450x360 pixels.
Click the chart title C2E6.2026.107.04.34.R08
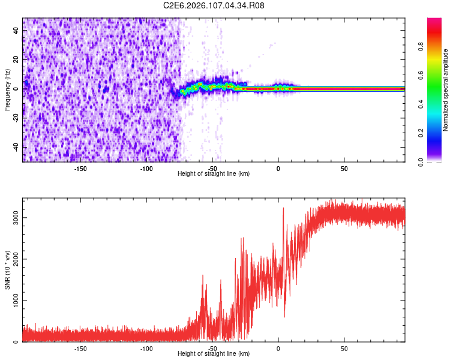click(214, 5)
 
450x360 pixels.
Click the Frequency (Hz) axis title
click(7, 90)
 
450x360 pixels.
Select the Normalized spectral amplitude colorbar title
click(446, 90)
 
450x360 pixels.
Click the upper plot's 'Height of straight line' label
click(214, 173)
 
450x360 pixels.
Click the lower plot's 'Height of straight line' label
click(214, 353)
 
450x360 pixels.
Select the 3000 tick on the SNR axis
click(16, 218)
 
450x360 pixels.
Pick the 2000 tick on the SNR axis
click(16, 259)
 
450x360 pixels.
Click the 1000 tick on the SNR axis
click(16, 301)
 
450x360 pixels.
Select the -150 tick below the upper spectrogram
click(80, 168)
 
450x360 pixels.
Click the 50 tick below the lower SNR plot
click(344, 348)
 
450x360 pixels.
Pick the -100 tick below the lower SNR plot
click(146, 348)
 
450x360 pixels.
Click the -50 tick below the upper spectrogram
click(212, 168)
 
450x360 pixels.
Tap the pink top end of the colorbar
click(434, 21)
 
